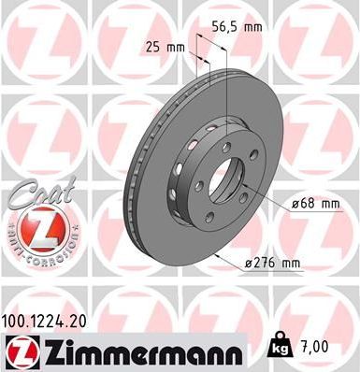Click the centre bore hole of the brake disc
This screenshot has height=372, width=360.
(225, 183)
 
